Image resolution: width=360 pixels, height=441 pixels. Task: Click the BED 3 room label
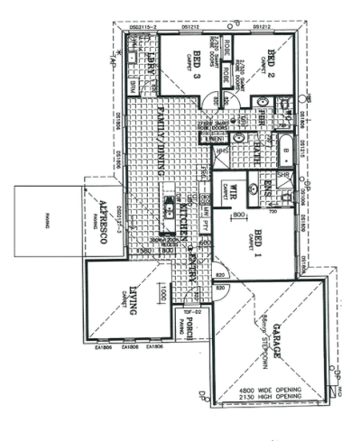(197, 67)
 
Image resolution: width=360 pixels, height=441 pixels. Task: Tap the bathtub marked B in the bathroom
(286, 144)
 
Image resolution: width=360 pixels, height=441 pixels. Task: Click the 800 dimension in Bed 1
(238, 216)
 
